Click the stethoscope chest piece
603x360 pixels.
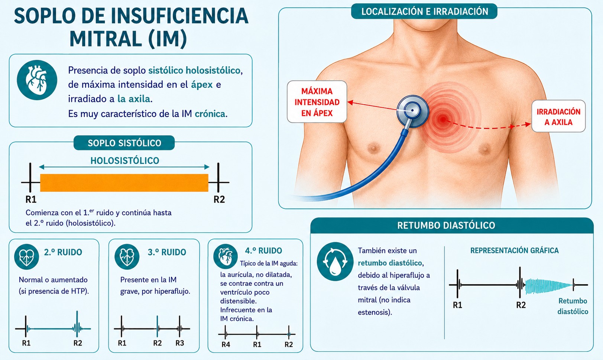click(412, 111)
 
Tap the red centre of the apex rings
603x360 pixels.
click(443, 119)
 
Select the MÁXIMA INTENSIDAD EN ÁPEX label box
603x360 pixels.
click(317, 102)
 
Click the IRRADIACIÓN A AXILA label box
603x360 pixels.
click(558, 117)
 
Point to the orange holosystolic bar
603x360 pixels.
click(124, 183)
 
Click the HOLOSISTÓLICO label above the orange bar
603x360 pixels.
click(124, 161)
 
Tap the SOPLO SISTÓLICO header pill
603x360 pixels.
click(124, 143)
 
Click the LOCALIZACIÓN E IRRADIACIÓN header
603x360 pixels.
click(424, 12)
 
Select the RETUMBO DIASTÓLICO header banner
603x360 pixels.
click(452, 226)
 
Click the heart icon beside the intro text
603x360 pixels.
click(37, 80)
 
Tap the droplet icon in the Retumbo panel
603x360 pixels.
click(335, 262)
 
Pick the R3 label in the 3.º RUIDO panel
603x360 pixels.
click(180, 343)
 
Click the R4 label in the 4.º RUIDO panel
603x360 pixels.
click(226, 345)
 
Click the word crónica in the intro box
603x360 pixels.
click(210, 114)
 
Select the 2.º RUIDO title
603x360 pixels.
click(63, 252)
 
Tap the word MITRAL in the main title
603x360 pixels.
click(106, 39)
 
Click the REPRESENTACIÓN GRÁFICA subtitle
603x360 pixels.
click(515, 251)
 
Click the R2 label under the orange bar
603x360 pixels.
click(219, 200)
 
